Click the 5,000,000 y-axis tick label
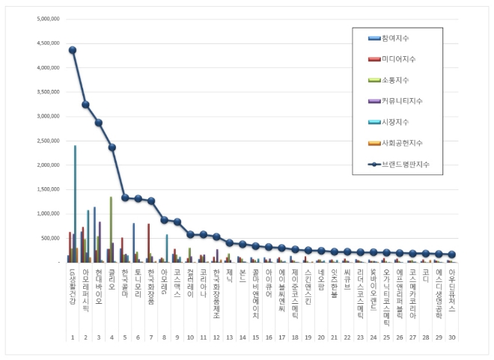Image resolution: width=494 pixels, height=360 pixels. (x=47, y=19)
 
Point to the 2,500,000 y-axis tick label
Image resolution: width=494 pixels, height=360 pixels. (x=47, y=141)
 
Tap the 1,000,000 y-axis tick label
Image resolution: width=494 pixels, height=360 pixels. (x=47, y=214)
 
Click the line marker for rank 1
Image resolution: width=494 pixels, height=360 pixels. (x=73, y=50)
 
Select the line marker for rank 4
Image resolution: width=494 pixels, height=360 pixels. (x=112, y=147)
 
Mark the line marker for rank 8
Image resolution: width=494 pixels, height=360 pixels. (x=165, y=220)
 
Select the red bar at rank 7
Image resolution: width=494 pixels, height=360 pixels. (x=148, y=243)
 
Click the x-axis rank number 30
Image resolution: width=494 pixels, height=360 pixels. (x=451, y=317)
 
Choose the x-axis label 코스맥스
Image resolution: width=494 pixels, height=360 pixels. (x=177, y=281)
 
